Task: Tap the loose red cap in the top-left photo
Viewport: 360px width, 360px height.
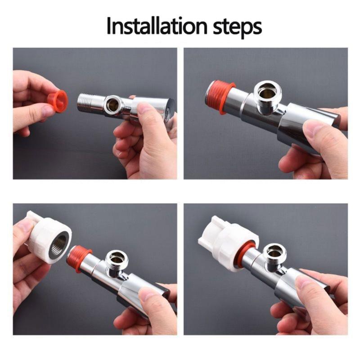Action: tap(58, 101)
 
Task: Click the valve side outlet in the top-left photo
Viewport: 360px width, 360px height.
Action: tap(112, 105)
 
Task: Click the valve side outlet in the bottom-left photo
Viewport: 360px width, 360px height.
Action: tap(117, 258)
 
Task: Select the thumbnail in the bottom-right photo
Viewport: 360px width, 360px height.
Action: tap(306, 283)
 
